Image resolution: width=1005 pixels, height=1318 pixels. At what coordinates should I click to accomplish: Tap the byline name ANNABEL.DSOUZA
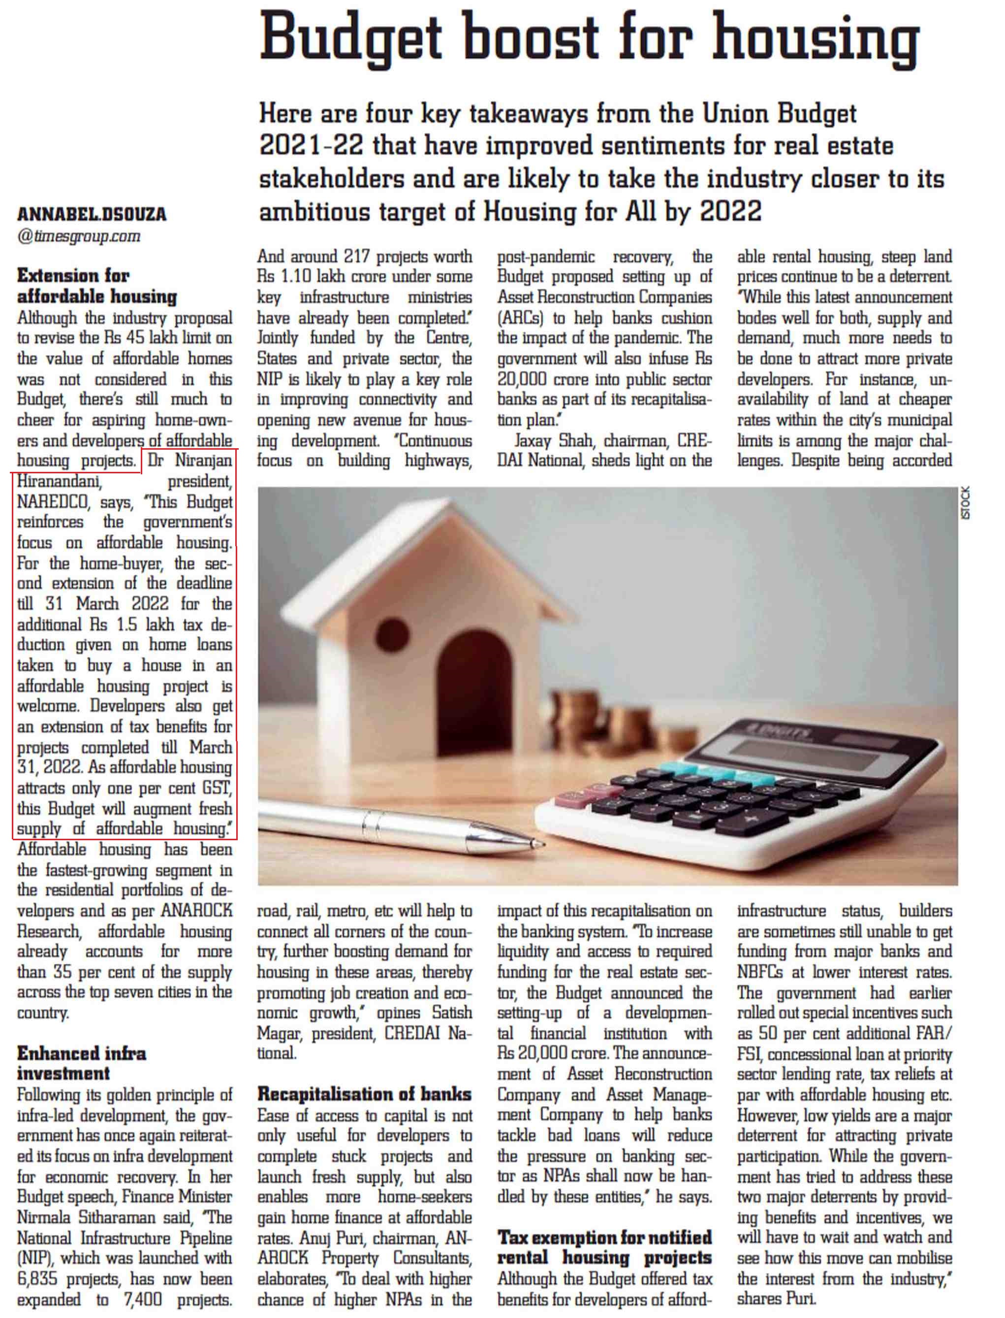click(92, 214)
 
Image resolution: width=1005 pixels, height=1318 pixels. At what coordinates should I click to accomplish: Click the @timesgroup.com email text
click(79, 236)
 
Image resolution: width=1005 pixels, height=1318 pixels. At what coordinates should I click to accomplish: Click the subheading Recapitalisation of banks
click(364, 1094)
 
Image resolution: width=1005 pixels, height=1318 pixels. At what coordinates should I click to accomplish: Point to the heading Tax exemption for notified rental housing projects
click(604, 1248)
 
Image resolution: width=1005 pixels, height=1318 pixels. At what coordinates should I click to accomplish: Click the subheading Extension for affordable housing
click(96, 286)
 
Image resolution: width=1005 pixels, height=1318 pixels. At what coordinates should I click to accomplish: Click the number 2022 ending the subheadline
click(730, 211)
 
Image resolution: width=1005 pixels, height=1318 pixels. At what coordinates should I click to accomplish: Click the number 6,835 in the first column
click(38, 1279)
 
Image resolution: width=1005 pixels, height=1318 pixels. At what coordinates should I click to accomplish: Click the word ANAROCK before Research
click(197, 910)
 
